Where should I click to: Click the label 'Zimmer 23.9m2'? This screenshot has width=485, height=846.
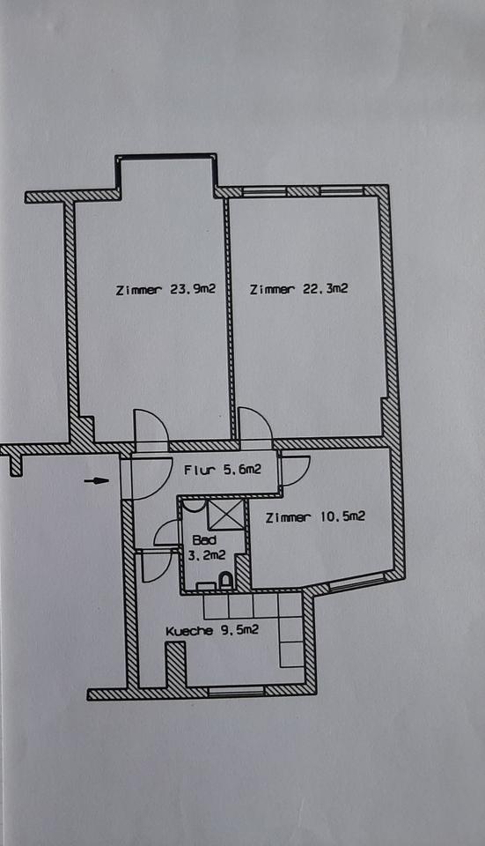[166, 290]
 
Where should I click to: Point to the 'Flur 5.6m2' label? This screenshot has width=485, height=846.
[222, 471]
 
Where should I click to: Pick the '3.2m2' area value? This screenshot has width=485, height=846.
[207, 555]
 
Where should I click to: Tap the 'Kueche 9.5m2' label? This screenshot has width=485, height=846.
[212, 630]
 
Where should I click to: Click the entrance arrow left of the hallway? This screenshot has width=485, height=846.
[96, 480]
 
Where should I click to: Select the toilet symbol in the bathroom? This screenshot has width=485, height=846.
[224, 581]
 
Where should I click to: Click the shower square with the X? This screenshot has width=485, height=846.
[226, 515]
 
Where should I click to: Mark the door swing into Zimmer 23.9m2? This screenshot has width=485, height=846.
[151, 430]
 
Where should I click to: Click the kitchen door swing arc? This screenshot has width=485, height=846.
[153, 566]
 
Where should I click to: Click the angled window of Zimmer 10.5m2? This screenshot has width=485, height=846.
[356, 582]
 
